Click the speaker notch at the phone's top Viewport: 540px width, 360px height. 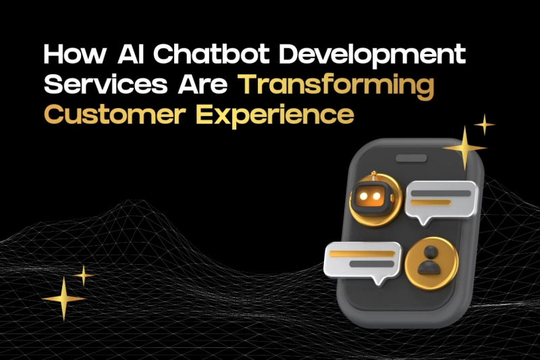[x=413, y=159]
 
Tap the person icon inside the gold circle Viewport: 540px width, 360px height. [x=428, y=259]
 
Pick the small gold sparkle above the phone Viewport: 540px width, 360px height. [x=485, y=125]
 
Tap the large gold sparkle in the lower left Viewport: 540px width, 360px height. [x=63, y=298]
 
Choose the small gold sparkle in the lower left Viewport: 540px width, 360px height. [x=84, y=275]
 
